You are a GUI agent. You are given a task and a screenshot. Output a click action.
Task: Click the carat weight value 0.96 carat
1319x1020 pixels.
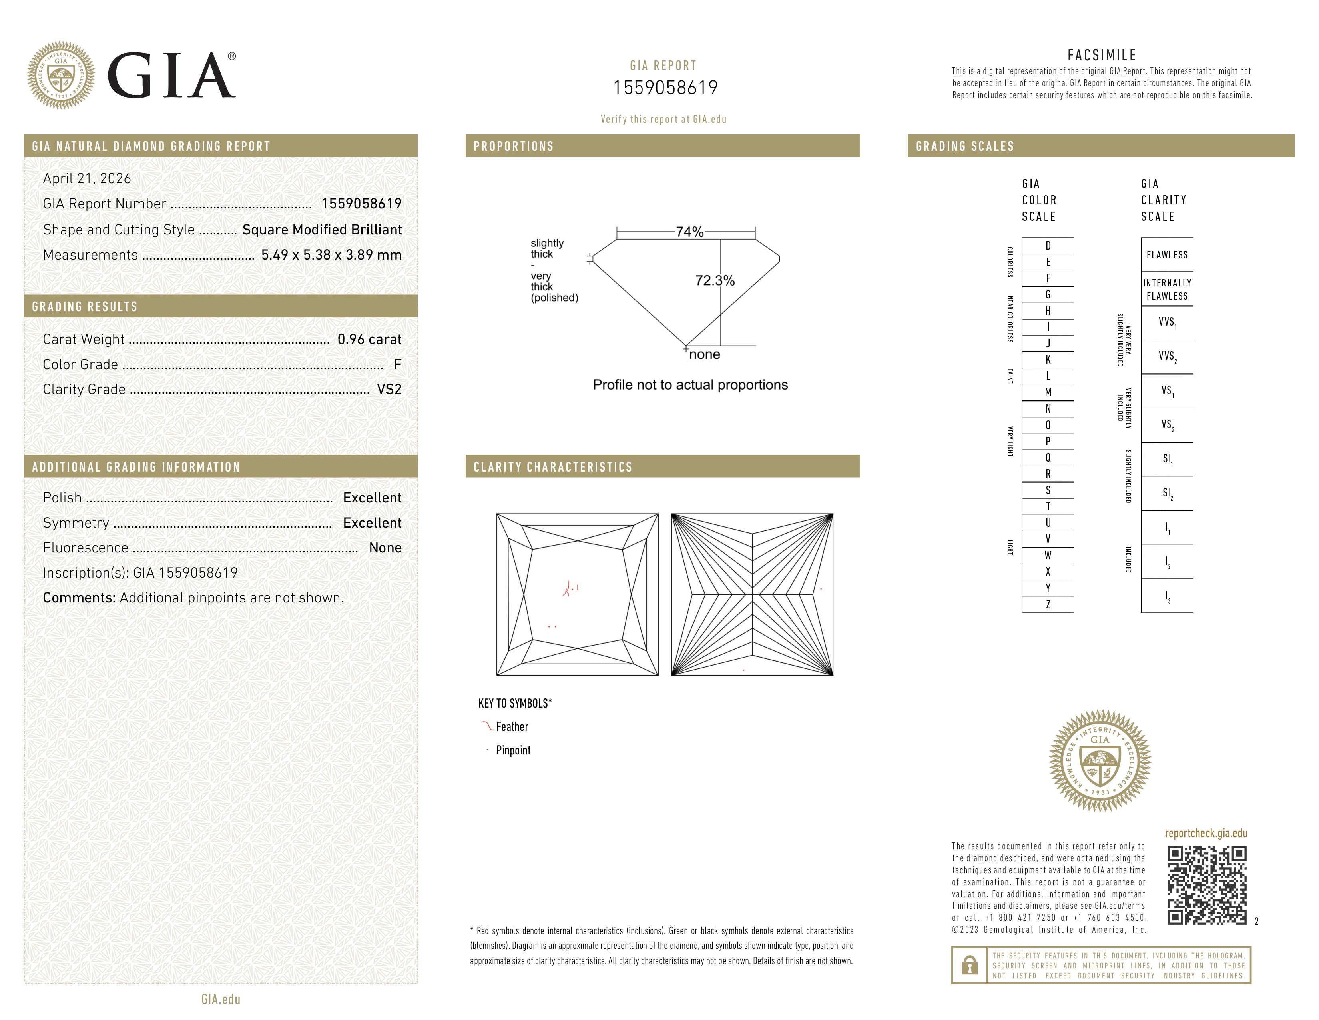coord(369,340)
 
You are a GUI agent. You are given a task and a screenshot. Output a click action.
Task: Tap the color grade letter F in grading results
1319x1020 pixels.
coord(397,364)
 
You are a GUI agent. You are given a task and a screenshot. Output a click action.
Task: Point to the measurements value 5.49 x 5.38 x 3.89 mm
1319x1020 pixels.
coord(331,255)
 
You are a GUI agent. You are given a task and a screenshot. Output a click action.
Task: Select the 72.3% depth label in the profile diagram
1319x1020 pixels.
coord(715,281)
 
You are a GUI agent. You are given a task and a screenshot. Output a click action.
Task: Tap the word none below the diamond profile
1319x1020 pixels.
coord(704,355)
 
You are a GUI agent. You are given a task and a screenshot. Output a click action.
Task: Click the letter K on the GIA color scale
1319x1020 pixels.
coord(1048,360)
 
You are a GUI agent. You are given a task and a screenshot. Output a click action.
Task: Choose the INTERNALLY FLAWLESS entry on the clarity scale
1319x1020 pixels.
coord(1167,290)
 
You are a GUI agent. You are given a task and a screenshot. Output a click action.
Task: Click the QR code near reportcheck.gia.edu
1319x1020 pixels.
coord(1207,885)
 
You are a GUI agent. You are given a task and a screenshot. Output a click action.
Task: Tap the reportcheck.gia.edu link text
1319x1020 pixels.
coord(1206,833)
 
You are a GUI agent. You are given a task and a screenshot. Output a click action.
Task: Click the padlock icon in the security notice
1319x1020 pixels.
coord(970,965)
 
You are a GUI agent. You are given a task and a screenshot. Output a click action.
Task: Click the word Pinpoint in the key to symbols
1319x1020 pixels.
coord(513,750)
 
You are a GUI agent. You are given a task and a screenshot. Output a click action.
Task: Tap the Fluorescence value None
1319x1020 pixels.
coord(385,548)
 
